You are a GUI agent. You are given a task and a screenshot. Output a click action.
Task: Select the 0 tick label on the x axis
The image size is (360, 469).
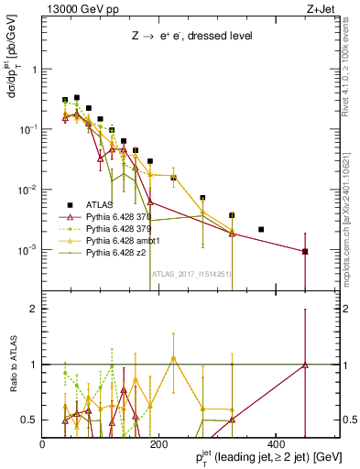pyautogui.click(x=43, y=444)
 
